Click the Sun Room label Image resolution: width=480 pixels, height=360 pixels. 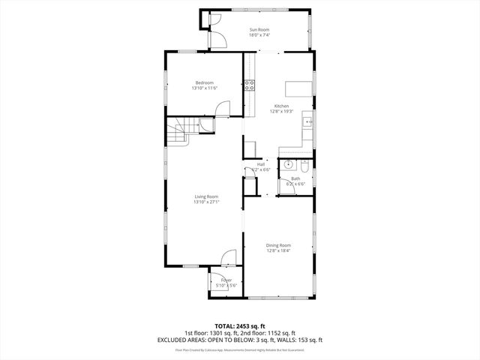point(259,29)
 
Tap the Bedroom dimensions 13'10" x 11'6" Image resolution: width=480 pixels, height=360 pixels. point(204,88)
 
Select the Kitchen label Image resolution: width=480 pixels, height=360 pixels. point(280,106)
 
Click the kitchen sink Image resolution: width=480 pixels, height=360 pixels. point(307,121)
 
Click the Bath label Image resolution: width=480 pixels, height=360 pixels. point(295,178)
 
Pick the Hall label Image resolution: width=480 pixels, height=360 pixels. point(260,164)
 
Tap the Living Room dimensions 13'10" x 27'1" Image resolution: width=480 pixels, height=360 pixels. point(206,202)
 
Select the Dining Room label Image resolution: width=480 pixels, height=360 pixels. point(278,245)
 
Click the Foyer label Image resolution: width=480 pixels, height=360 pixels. point(226,280)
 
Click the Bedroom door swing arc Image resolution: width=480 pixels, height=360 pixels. point(223,109)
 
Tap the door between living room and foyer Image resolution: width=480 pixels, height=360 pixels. point(228,259)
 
